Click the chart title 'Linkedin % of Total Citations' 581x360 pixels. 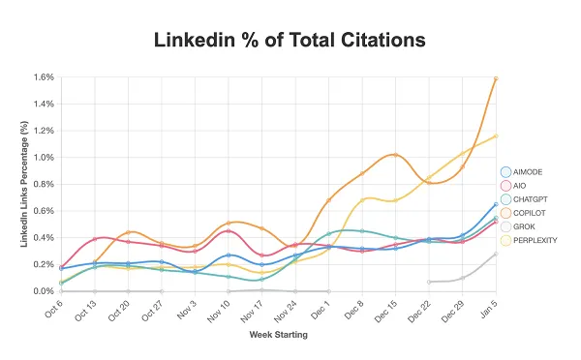coord(290,40)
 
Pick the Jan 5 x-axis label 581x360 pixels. coord(490,308)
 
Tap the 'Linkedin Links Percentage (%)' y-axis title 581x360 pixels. coord(23,184)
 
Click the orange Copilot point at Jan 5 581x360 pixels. coord(496,78)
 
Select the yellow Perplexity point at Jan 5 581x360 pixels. coord(496,136)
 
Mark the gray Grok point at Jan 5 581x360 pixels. coord(496,255)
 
